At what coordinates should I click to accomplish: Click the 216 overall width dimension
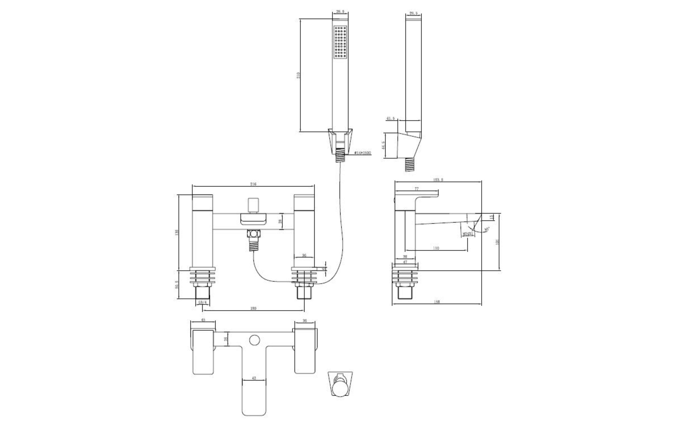click(x=253, y=184)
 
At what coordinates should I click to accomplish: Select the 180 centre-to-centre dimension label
click(x=253, y=308)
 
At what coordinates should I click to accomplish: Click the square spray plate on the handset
click(x=340, y=42)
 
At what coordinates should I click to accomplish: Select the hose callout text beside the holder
click(x=363, y=153)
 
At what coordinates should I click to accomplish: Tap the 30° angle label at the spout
click(x=487, y=230)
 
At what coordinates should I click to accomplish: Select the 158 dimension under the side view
click(x=437, y=302)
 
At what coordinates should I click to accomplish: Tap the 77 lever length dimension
click(x=417, y=189)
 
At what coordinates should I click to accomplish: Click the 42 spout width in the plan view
click(x=254, y=378)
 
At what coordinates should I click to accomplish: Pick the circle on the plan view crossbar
click(x=255, y=340)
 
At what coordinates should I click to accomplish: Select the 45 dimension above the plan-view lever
click(x=203, y=320)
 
